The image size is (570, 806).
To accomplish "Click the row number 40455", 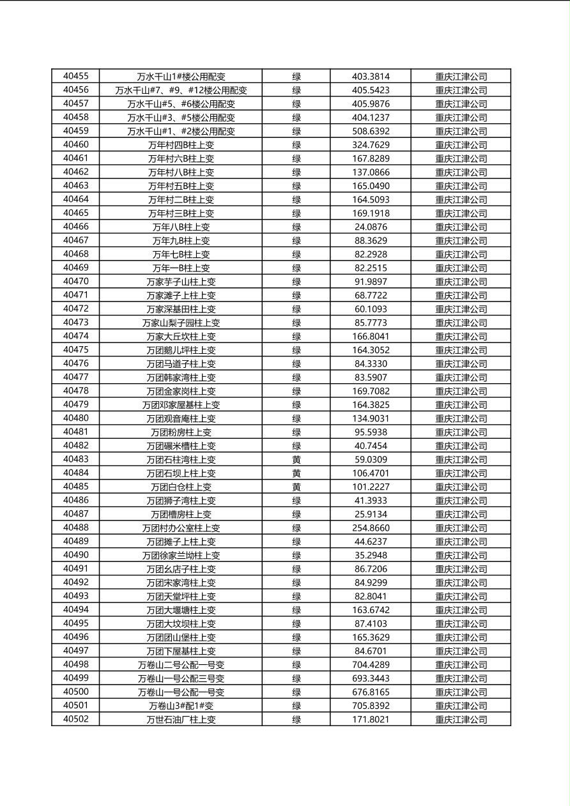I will click(75, 76).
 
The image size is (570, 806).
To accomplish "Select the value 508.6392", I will click(371, 131).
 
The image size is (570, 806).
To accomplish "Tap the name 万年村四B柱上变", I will click(181, 145).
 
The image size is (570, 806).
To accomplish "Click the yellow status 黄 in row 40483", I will click(297, 459).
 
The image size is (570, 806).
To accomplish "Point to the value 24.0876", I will click(371, 227).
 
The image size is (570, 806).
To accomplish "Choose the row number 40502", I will click(75, 719).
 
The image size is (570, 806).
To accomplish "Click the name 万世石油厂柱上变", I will click(181, 719).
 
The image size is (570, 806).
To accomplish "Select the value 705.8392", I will click(371, 706).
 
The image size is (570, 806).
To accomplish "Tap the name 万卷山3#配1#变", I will click(181, 706).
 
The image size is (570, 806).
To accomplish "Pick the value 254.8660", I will click(371, 528).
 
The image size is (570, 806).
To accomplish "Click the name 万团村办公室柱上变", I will click(181, 528).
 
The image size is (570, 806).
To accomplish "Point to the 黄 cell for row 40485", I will click(297, 487).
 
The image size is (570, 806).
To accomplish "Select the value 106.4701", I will click(371, 473).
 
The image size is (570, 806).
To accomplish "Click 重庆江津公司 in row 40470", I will click(461, 282).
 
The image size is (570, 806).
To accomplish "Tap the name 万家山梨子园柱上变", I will click(181, 323).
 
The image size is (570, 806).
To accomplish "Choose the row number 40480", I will click(75, 418).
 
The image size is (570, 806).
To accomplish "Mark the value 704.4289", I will click(371, 664).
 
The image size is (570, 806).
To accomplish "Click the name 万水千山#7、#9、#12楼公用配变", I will click(181, 90).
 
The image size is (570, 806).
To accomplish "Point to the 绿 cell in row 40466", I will click(297, 227).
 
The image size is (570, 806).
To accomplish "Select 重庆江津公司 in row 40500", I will click(461, 692).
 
